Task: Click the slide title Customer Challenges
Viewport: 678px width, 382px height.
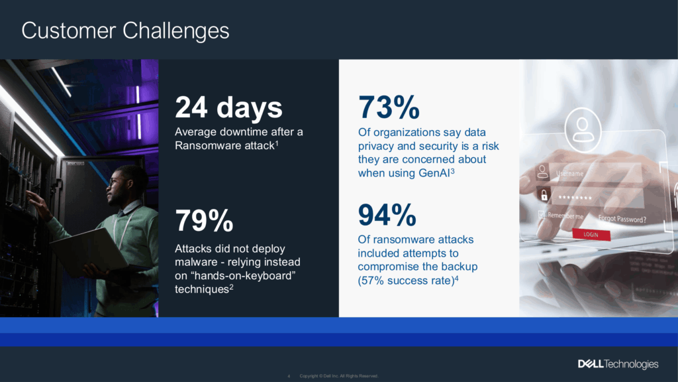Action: point(125,31)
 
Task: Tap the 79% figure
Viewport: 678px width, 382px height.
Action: point(204,220)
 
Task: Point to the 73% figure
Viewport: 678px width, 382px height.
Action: point(389,107)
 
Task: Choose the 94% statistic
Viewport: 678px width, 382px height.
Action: point(387,215)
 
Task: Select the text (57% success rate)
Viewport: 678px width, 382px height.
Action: point(406,281)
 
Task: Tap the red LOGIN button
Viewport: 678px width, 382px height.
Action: point(591,234)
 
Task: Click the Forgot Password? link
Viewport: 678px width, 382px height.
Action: point(622,219)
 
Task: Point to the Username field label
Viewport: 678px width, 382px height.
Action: point(570,174)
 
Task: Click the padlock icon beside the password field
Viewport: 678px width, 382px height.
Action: point(544,196)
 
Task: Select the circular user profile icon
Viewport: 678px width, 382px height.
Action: point(583,129)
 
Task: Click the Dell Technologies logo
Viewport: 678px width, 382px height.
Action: point(618,364)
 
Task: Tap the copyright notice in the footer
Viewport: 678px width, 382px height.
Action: point(339,376)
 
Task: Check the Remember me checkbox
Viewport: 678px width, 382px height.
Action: point(542,214)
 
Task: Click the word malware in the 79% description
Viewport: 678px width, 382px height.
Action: point(196,262)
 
